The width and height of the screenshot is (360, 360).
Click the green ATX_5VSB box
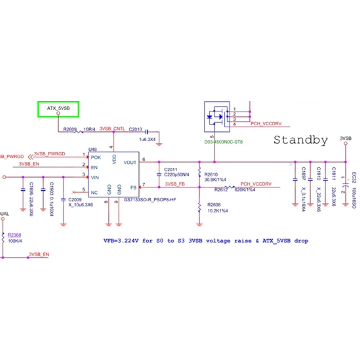click(58, 109)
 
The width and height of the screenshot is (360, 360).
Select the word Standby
click(301, 140)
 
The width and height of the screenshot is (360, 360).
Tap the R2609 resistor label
click(70, 129)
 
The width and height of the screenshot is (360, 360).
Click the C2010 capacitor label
click(135, 129)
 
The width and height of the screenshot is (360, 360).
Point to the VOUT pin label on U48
click(130, 162)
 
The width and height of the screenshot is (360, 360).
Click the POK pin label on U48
click(96, 157)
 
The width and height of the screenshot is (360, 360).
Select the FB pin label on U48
click(133, 187)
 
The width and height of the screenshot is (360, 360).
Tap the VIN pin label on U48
click(95, 178)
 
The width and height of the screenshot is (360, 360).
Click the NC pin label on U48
click(94, 193)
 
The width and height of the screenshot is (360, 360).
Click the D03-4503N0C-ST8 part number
click(224, 142)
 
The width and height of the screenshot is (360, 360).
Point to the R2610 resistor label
click(211, 174)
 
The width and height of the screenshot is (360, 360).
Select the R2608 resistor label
click(214, 205)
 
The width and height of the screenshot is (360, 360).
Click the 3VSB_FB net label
click(175, 184)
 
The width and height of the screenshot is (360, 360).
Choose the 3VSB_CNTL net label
click(112, 129)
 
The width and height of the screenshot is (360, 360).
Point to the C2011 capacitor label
click(170, 170)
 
